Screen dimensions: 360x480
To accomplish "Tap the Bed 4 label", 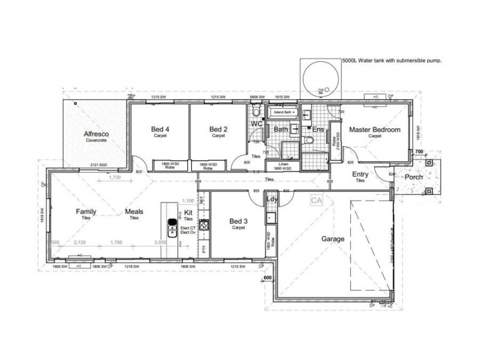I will pyautogui.click(x=159, y=129).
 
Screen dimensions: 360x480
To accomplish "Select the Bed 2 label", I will pyautogui.click(x=217, y=129).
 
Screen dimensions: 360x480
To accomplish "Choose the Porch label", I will pyautogui.click(x=413, y=177).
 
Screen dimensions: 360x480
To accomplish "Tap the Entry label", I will pyautogui.click(x=360, y=174).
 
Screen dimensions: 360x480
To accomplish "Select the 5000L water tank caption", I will pyautogui.click(x=390, y=61).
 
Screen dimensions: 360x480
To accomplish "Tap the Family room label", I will pyautogui.click(x=86, y=212).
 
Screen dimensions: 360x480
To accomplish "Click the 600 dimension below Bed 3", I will pyautogui.click(x=268, y=278).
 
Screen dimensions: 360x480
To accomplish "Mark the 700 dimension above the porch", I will pyautogui.click(x=419, y=153).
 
